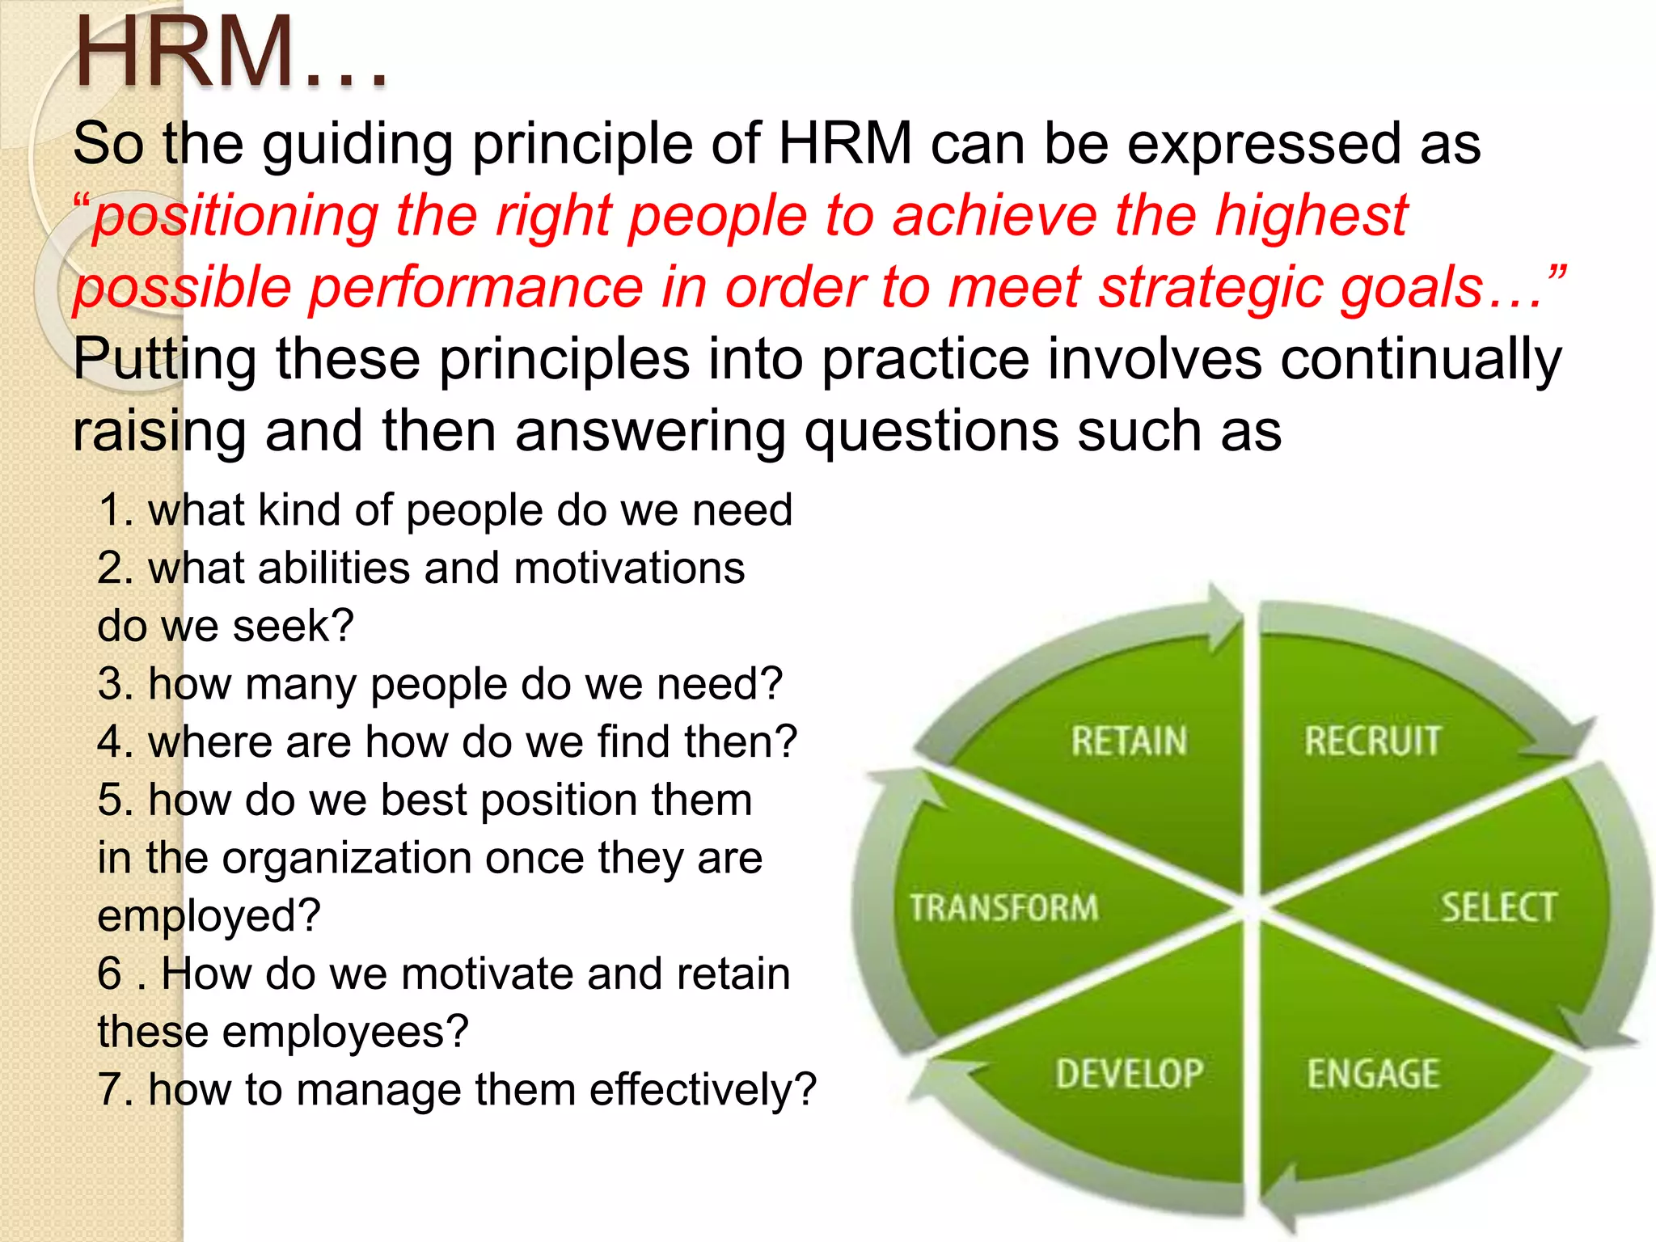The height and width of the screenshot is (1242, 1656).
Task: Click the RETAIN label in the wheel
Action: [1129, 741]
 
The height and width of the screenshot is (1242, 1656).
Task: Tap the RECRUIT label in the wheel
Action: [1372, 741]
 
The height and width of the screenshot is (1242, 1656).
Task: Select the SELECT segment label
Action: [1498, 907]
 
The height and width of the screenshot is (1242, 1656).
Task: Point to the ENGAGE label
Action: [1373, 1074]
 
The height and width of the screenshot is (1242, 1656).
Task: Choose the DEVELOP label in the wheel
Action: [1129, 1074]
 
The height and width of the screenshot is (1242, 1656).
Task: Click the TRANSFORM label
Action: [1003, 907]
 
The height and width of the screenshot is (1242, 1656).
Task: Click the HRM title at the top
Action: [230, 53]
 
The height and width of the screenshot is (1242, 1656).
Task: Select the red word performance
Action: [477, 289]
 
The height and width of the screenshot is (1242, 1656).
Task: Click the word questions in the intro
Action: [930, 431]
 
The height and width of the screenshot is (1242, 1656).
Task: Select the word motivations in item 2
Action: [628, 568]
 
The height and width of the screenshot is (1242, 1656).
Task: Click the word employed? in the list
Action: [209, 916]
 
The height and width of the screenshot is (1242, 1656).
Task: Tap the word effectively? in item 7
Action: [703, 1090]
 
